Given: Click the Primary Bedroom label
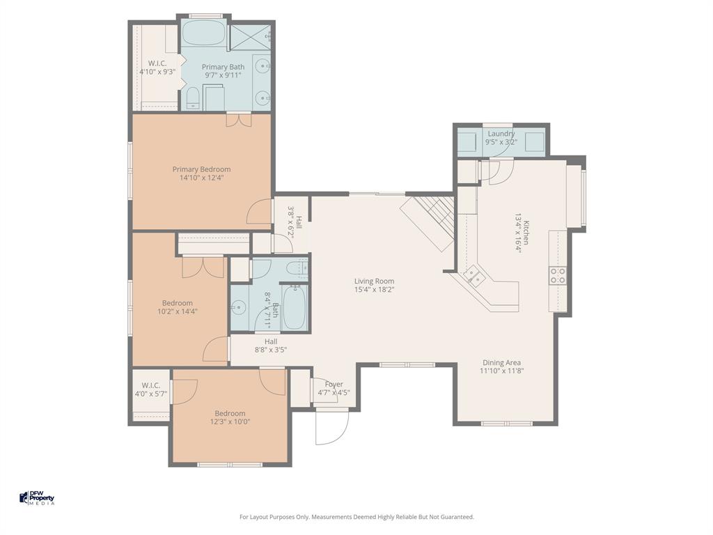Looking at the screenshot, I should tap(201, 169).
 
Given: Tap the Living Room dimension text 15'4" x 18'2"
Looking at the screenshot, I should tap(375, 289).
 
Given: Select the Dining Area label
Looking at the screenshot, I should tap(501, 362).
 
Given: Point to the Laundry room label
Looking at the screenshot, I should tap(501, 134).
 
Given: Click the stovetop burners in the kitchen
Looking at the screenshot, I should tap(558, 275).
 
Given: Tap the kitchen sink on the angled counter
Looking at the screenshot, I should tap(476, 277).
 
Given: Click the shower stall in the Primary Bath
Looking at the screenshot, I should tap(250, 38).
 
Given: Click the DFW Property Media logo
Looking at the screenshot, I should tap(36, 498).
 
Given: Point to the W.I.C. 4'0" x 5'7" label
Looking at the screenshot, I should tap(151, 389).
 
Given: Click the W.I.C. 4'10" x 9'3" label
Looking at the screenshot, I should tap(157, 67).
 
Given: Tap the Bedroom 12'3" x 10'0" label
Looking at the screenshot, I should tap(230, 417).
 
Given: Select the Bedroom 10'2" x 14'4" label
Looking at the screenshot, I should tap(178, 307).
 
